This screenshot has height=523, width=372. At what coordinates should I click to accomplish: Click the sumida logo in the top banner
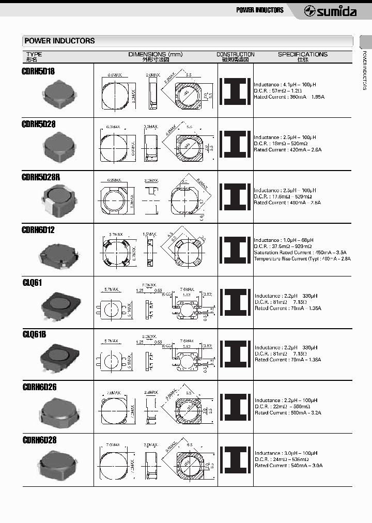tap(331, 10)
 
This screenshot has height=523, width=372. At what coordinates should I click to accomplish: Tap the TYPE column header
tap(34, 54)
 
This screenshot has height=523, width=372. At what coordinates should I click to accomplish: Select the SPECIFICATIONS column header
tap(302, 54)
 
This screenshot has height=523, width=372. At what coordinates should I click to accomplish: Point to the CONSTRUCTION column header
tap(235, 54)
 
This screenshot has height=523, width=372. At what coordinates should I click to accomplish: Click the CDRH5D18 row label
tap(38, 71)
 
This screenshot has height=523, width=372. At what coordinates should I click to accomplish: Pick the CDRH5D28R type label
tap(41, 177)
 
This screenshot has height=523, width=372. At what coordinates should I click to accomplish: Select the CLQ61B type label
tap(35, 334)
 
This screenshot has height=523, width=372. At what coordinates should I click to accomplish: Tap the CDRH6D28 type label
tap(39, 440)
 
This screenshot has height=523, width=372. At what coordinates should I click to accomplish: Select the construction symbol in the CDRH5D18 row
tap(236, 90)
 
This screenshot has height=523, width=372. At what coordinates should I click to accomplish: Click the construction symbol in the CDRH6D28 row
tap(236, 459)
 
